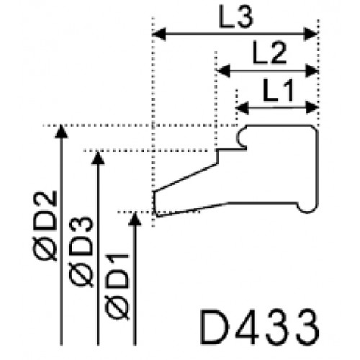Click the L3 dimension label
pyautogui.click(x=236, y=17)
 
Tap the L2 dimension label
pyautogui.click(x=270, y=53)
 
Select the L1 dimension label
pyautogui.click(x=279, y=90)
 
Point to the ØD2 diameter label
pyautogui.click(x=45, y=225)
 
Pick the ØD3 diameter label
pyautogui.click(x=81, y=252)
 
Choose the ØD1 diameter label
pyautogui.click(x=117, y=287)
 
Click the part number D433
pyautogui.click(x=260, y=327)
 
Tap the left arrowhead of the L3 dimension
pyautogui.click(x=159, y=34)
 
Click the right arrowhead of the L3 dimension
pyautogui.click(x=311, y=34)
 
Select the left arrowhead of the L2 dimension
pyautogui.click(x=223, y=71)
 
